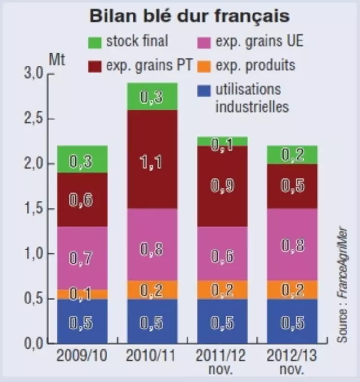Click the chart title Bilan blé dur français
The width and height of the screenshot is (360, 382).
pos(189,16)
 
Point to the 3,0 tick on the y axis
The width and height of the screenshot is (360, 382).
pos(33,74)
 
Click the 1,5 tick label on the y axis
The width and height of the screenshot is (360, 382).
pos(33,210)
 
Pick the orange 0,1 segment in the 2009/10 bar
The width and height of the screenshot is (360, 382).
pos(81,294)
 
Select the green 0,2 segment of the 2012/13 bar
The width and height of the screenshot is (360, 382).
pos(293,155)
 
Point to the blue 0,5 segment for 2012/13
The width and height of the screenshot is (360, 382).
pos(293,321)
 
